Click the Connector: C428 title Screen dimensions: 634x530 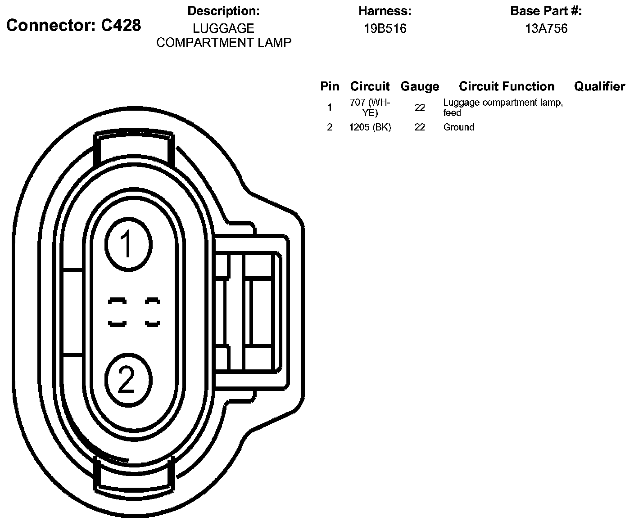(x=74, y=25)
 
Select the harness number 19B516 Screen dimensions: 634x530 (x=385, y=28)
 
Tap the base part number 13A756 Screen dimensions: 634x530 (x=546, y=28)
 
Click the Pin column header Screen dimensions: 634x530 (x=330, y=86)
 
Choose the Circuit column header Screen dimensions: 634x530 (x=370, y=86)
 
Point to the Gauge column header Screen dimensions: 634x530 (x=420, y=87)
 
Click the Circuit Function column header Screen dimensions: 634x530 (x=507, y=86)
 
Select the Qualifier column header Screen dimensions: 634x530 (x=599, y=86)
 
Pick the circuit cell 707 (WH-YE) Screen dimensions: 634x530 (x=370, y=108)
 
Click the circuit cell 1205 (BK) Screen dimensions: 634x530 (x=370, y=127)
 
